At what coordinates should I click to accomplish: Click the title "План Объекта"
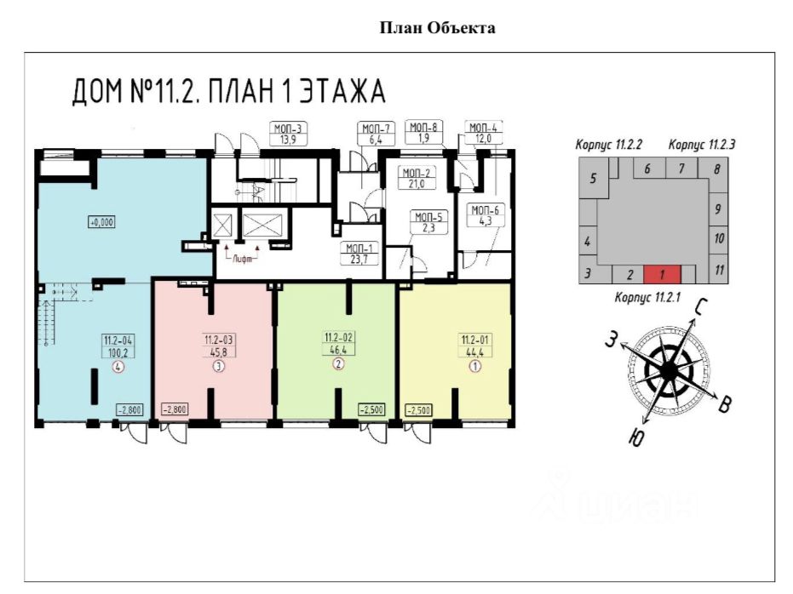click(x=437, y=28)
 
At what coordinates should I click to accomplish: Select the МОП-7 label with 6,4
click(x=373, y=134)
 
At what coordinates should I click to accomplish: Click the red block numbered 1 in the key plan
click(x=663, y=275)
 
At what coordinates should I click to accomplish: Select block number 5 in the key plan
click(x=593, y=180)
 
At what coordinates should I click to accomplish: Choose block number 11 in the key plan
click(x=719, y=271)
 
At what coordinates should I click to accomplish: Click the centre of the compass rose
click(x=669, y=371)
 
